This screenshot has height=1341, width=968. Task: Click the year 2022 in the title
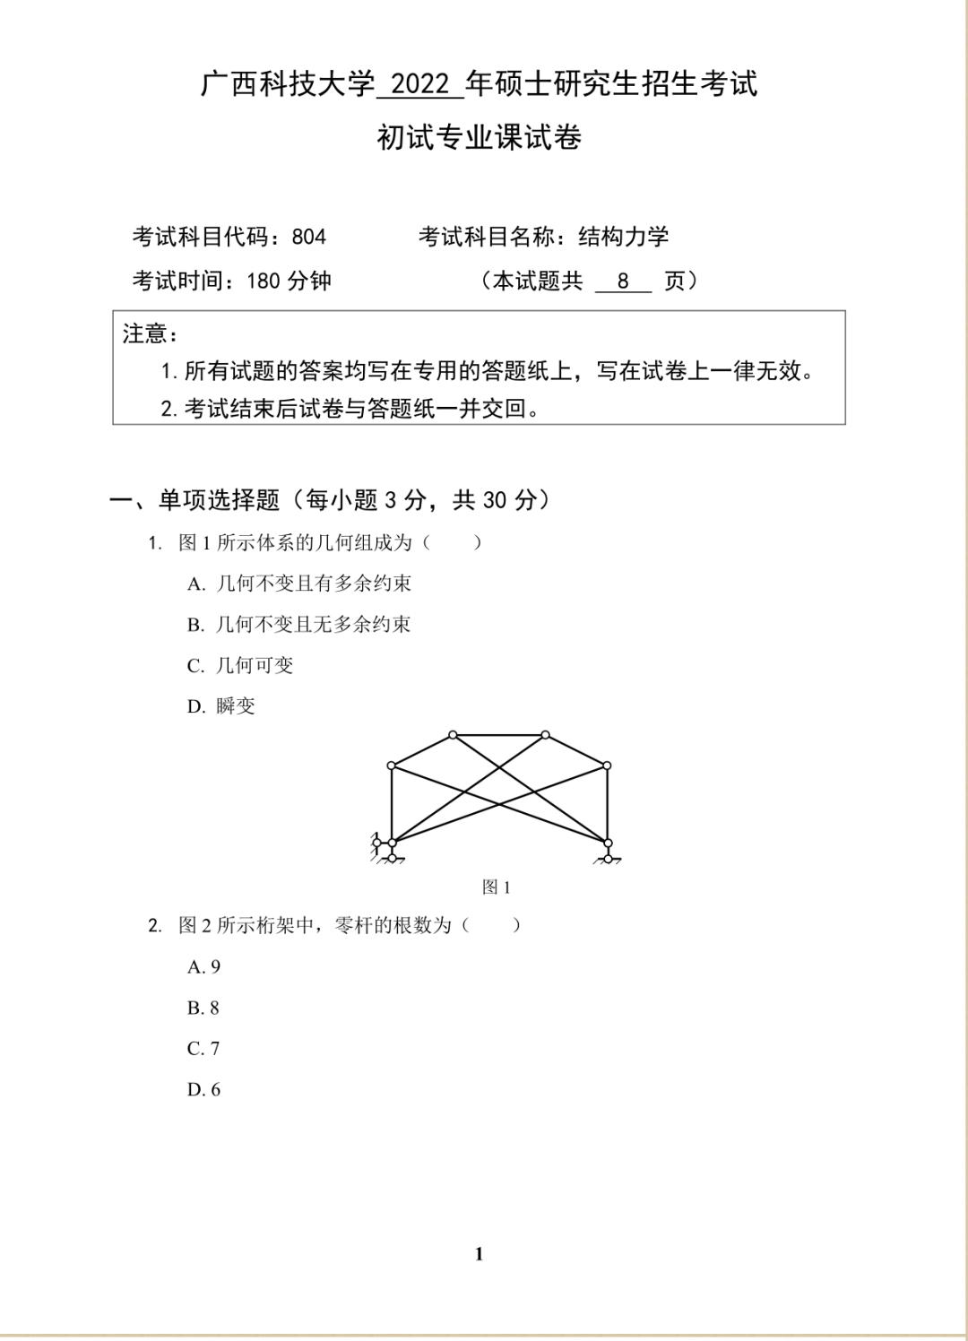[421, 85]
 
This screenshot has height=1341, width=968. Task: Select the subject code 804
[309, 238]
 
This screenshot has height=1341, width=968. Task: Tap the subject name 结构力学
[624, 238]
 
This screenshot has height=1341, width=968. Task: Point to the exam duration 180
[264, 281]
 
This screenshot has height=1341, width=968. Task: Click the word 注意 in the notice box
[145, 334]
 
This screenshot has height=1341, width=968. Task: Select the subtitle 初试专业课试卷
[480, 138]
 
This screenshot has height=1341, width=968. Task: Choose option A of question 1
[299, 584]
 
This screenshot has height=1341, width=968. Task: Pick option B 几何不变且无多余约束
[299, 625]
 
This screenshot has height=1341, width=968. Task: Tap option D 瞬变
[221, 706]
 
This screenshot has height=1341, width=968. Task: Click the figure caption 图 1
[496, 887]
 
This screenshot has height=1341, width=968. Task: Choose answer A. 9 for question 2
[203, 967]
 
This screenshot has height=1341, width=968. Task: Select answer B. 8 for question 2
[203, 1008]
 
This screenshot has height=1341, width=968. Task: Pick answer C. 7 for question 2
[203, 1049]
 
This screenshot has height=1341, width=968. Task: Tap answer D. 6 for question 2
[203, 1090]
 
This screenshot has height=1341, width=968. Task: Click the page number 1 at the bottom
[479, 1254]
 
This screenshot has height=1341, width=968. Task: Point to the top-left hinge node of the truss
[392, 766]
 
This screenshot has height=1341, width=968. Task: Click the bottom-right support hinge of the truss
[608, 844]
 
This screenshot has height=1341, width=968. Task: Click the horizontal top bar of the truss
[499, 735]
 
